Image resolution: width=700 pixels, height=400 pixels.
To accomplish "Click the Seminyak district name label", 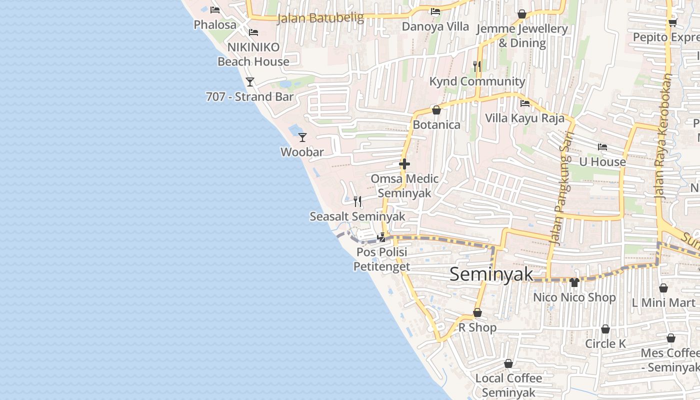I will point(491,274).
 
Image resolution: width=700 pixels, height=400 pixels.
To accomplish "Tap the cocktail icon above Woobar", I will point(302,137).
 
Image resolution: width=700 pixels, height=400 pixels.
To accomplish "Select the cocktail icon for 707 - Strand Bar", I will point(250,81).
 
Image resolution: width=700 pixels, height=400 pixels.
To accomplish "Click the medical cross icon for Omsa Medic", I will point(404,164).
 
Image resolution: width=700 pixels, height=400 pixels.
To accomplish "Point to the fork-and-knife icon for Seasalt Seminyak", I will point(357,201).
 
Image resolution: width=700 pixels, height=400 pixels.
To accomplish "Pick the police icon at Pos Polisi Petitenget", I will point(381,237).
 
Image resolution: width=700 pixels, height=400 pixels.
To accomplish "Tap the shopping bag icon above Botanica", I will point(436,110).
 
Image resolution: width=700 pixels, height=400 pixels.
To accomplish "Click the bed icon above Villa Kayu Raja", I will point(525,103).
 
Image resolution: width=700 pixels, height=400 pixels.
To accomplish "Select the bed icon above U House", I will point(602,147).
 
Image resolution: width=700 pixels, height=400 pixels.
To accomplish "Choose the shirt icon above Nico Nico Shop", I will point(574,282).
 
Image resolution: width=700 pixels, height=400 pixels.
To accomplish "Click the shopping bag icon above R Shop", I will point(477,312).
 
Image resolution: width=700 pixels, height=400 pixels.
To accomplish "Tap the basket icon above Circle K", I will point(605,329).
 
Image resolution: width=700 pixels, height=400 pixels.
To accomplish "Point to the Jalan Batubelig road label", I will point(320,18).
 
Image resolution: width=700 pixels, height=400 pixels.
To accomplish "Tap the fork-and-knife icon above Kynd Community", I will point(477,66).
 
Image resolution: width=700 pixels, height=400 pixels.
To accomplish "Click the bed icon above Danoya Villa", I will point(435,11).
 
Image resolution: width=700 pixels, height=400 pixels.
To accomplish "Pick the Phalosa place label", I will point(215,24).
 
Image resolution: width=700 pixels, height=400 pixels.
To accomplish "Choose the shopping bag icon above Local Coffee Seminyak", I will point(508,363).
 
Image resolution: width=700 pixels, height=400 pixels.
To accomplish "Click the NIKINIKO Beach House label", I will point(253,54).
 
